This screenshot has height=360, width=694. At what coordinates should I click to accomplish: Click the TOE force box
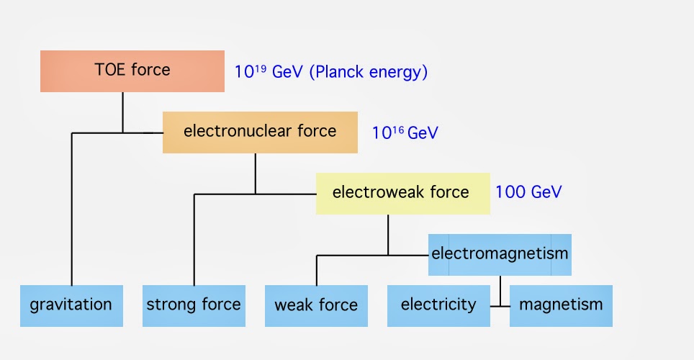pyautogui.click(x=132, y=71)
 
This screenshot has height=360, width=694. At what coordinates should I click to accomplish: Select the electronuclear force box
pyautogui.click(x=260, y=132)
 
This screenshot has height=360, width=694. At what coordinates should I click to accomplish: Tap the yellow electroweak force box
pyautogui.click(x=402, y=193)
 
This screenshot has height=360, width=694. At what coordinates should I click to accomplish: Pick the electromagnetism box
pyautogui.click(x=500, y=254)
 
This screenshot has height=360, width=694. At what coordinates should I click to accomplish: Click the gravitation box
pyautogui.click(x=71, y=305)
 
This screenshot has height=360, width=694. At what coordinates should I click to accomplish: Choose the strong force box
pyautogui.click(x=194, y=305)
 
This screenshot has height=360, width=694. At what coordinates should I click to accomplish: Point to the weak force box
pyautogui.click(x=316, y=305)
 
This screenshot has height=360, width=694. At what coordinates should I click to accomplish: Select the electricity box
pyautogui.click(x=438, y=305)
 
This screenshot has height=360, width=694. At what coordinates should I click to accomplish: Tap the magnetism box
pyautogui.click(x=561, y=305)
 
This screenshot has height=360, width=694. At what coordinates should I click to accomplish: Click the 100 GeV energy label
pyautogui.click(x=528, y=192)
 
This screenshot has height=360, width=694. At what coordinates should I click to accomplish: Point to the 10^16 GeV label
pyautogui.click(x=405, y=133)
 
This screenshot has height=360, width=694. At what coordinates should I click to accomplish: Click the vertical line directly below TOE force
pyautogui.click(x=122, y=112)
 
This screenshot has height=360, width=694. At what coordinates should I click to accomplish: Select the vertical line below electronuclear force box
pyautogui.click(x=256, y=174)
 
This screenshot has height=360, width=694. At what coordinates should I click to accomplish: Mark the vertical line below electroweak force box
pyautogui.click(x=388, y=235)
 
